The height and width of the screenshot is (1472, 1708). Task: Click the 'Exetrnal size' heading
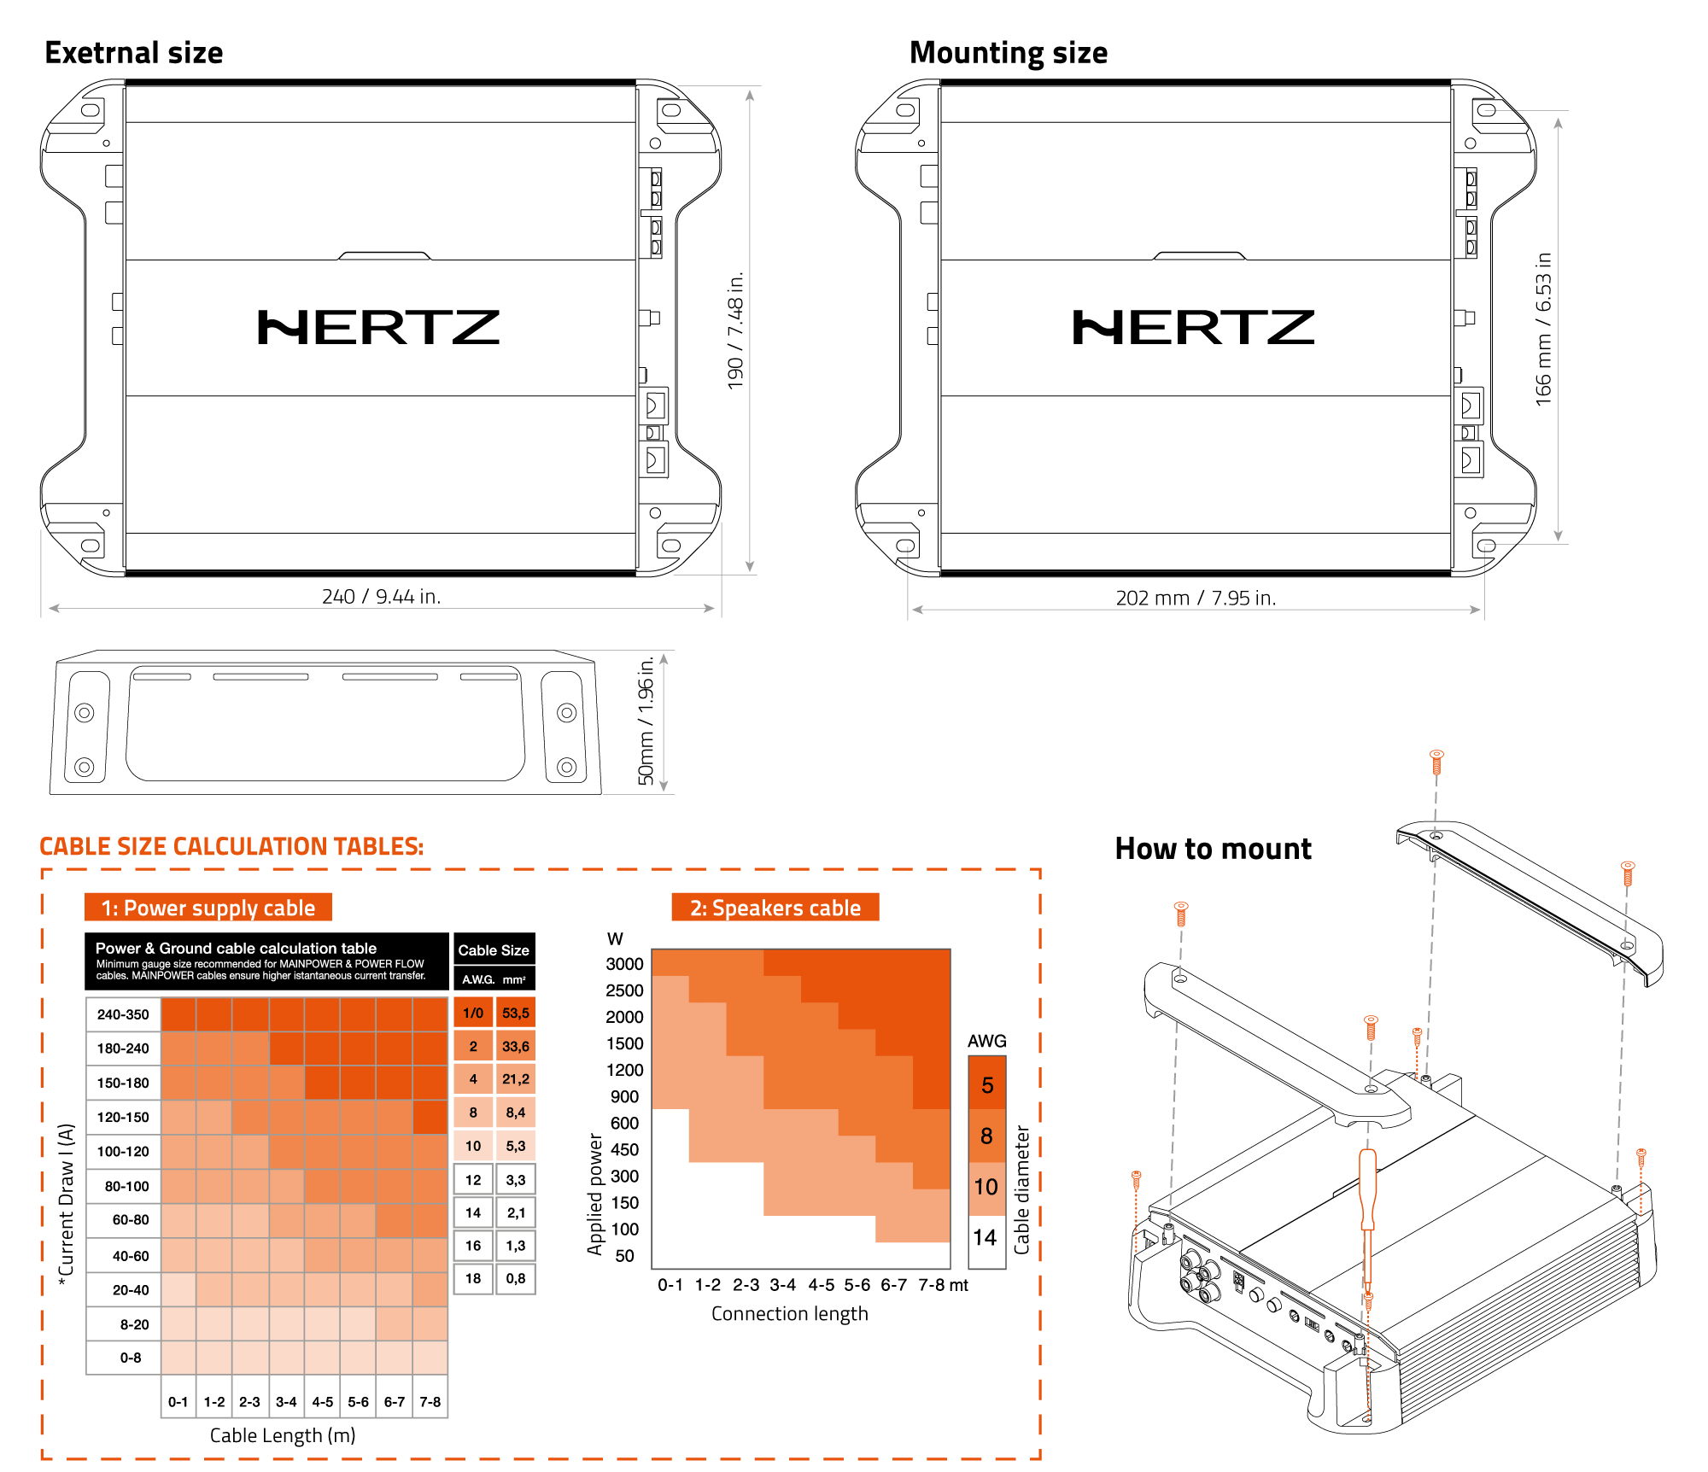(x=134, y=53)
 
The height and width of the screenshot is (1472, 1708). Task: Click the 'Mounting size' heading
(x=1008, y=53)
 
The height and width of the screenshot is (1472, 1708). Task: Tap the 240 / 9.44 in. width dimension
(x=381, y=596)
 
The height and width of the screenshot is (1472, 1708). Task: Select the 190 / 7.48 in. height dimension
(x=735, y=330)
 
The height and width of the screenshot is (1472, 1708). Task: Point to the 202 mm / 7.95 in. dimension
(x=1196, y=598)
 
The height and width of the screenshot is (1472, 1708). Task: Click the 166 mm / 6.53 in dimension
(x=1543, y=329)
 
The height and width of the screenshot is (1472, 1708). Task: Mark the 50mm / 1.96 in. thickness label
(x=646, y=721)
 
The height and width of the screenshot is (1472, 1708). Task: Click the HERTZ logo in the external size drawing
(x=378, y=328)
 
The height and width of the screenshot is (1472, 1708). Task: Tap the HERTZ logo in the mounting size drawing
(x=1193, y=328)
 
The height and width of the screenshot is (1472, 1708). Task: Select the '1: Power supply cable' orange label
(x=208, y=908)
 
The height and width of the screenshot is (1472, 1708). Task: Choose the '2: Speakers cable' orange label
(x=775, y=908)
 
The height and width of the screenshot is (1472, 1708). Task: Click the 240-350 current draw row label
(x=123, y=1014)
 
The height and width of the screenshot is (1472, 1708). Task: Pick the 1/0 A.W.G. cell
(x=473, y=1013)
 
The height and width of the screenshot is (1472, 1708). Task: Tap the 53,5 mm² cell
(x=516, y=1013)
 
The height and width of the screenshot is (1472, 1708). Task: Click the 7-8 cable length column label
(x=430, y=1402)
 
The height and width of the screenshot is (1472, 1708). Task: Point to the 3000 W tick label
(x=624, y=964)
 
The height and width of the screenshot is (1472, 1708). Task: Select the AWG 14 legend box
(x=986, y=1238)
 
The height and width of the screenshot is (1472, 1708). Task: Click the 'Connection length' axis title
(x=789, y=1314)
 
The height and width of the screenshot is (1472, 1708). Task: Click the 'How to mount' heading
(x=1213, y=849)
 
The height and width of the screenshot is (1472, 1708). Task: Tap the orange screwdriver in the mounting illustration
(x=1367, y=1212)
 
